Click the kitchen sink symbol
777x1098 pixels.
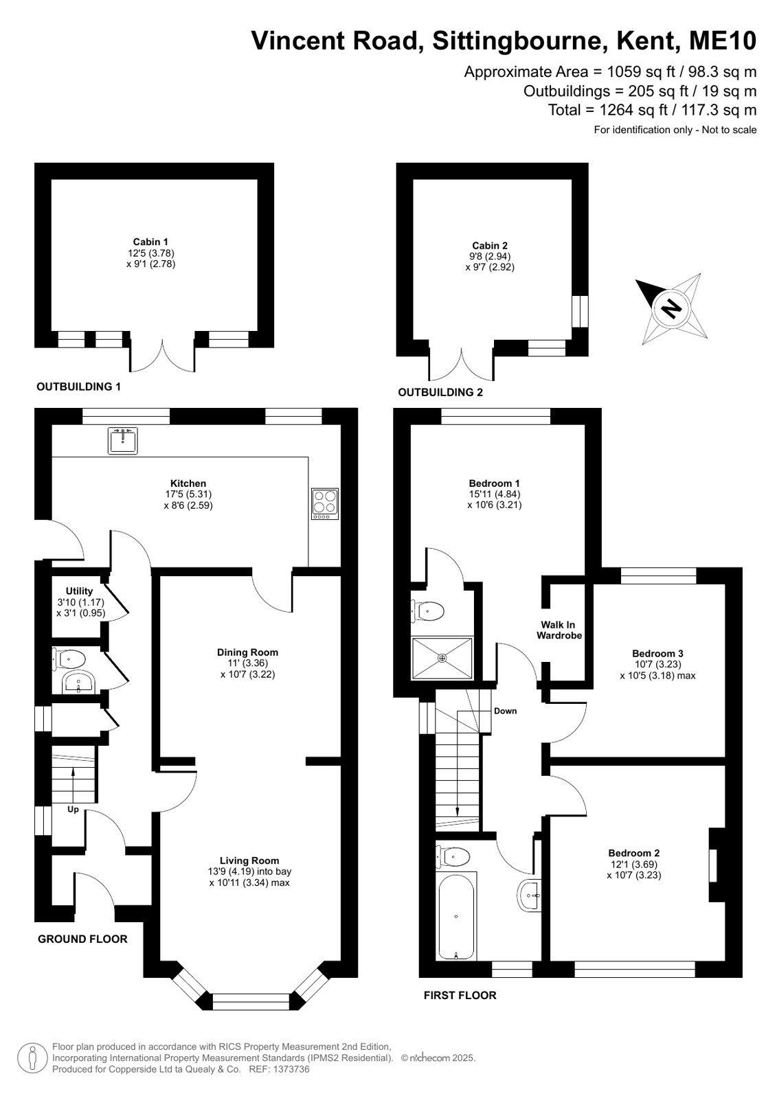pyautogui.click(x=123, y=440)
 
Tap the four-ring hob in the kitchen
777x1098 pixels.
pyautogui.click(x=325, y=503)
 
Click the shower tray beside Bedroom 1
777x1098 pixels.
pyautogui.click(x=442, y=658)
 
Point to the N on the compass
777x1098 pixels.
pyautogui.click(x=671, y=308)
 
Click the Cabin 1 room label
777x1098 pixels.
pyautogui.click(x=150, y=242)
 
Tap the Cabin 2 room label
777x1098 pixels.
pyautogui.click(x=490, y=246)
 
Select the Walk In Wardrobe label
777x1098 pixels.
pyautogui.click(x=559, y=630)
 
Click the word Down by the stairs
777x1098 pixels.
pyautogui.click(x=505, y=711)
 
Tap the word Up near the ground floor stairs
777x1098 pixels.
pyautogui.click(x=73, y=810)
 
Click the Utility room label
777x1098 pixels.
pyautogui.click(x=79, y=591)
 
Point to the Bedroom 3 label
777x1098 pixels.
pyautogui.click(x=657, y=654)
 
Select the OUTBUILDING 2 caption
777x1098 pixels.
pyautogui.click(x=440, y=392)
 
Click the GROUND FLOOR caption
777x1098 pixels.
pyautogui.click(x=82, y=939)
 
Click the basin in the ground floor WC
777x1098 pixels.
pyautogui.click(x=78, y=682)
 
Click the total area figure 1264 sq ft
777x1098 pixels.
pyautogui.click(x=633, y=110)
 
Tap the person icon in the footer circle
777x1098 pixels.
pyautogui.click(x=33, y=1057)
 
